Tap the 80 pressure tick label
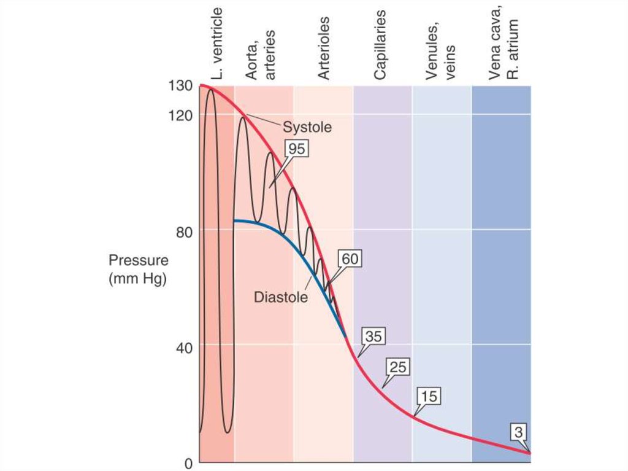point(182,232)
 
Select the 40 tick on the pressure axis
point(182,346)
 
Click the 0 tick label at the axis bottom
point(188,462)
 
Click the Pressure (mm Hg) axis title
point(137,268)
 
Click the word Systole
point(307,127)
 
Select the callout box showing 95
point(297,149)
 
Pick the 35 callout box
point(373,337)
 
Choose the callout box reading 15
point(429,396)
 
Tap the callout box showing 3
point(519,432)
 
